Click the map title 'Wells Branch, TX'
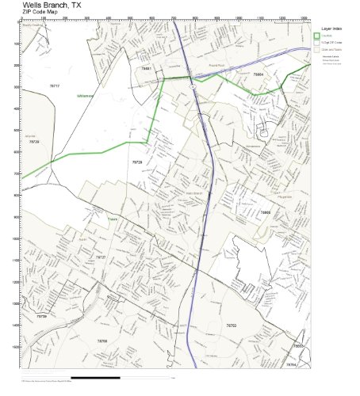tap(51, 5)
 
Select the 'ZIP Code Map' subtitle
tap(39, 13)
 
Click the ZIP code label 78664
tap(257, 73)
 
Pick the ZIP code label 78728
tap(137, 162)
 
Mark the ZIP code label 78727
tap(100, 257)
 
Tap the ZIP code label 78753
tap(231, 325)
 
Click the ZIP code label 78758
tap(102, 341)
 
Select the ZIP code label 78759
tap(42, 315)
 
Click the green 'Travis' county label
tap(113, 220)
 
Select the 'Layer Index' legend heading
tap(331, 26)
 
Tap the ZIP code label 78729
tap(33, 142)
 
